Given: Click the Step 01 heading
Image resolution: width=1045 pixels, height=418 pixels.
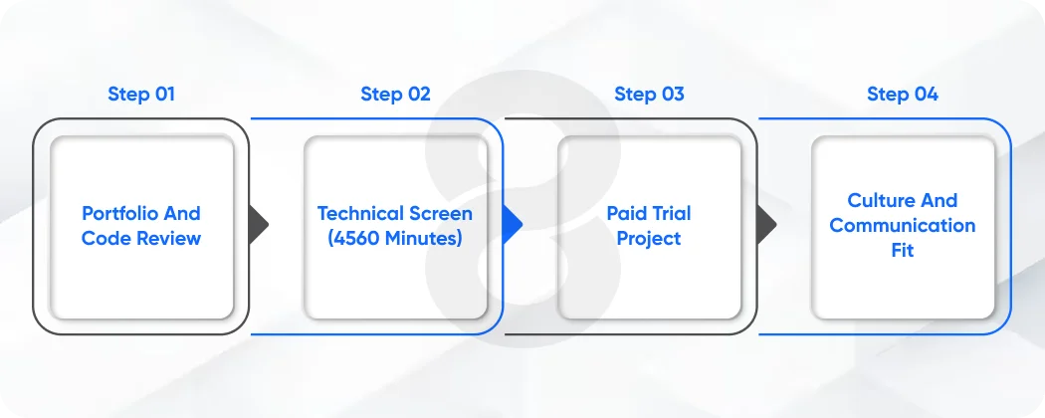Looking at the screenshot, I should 141,95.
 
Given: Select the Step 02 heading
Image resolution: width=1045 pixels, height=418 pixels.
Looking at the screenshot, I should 395,95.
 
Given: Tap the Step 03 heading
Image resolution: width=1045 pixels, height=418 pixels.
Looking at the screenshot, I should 649,95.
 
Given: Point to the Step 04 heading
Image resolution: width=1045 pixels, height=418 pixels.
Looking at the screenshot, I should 902,95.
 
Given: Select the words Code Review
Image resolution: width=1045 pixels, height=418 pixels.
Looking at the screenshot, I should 141,238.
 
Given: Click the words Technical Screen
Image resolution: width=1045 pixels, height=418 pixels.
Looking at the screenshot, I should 395,213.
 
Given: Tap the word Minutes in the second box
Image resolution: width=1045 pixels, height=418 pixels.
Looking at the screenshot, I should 422,238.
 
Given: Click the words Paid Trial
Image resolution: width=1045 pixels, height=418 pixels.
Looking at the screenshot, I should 649,213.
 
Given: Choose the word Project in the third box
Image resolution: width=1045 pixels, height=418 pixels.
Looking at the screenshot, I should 649,238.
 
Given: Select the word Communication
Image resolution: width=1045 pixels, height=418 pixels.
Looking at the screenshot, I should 902,225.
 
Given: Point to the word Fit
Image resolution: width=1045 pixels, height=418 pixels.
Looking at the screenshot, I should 902,250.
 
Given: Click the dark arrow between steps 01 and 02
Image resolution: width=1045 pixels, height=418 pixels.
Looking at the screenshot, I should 258,225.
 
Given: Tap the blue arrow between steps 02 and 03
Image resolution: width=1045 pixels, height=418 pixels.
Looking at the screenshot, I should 512,225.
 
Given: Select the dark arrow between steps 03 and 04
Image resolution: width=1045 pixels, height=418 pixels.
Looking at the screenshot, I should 765,225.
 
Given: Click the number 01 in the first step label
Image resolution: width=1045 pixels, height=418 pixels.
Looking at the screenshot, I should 162,95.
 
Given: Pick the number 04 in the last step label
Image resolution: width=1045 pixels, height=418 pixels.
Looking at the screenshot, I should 924,95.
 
